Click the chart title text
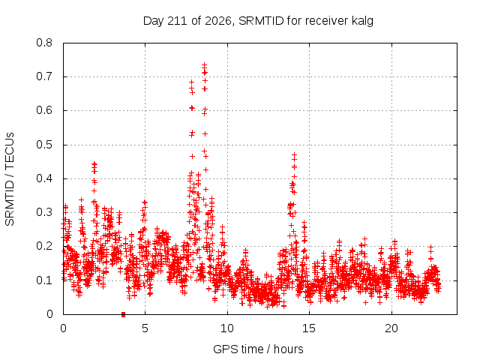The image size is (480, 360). click(258, 21)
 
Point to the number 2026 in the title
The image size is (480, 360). click(218, 21)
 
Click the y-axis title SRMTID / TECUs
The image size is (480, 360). click(10, 179)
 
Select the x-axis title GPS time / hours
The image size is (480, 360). click(258, 349)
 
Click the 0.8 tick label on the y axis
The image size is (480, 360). click(44, 43)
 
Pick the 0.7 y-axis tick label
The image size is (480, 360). click(44, 76)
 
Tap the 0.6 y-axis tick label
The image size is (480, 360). click(44, 110)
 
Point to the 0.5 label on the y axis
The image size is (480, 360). click(44, 145)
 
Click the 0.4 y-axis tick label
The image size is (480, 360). click(44, 178)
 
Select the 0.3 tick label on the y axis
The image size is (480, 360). click(44, 212)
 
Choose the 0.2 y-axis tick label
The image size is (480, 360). click(44, 247)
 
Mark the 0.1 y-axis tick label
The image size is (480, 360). click(44, 280)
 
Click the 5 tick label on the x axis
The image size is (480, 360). click(145, 328)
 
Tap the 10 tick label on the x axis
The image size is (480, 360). click(227, 328)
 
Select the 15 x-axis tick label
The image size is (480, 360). click(309, 328)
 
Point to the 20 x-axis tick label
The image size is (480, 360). click(391, 328)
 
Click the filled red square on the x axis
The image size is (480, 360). click(123, 314)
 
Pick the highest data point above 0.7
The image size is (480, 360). click(204, 65)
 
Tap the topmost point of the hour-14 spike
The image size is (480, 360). click(294, 155)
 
